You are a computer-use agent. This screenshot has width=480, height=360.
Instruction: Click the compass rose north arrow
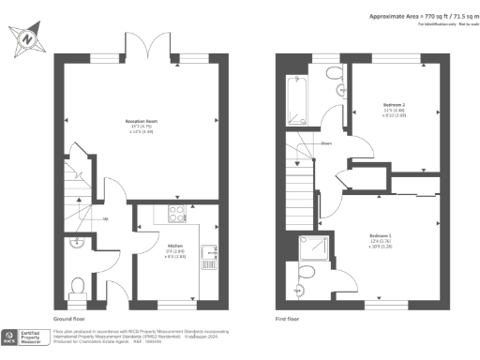[x=27, y=40]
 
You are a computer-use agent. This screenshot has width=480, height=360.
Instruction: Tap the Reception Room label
[x=142, y=122]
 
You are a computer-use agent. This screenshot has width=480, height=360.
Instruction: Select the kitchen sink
[x=214, y=250]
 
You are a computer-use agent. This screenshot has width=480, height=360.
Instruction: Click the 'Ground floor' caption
[x=71, y=320]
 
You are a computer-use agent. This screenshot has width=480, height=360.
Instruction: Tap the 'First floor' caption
[x=287, y=320]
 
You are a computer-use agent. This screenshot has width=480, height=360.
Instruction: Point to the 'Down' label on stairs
[x=325, y=143]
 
